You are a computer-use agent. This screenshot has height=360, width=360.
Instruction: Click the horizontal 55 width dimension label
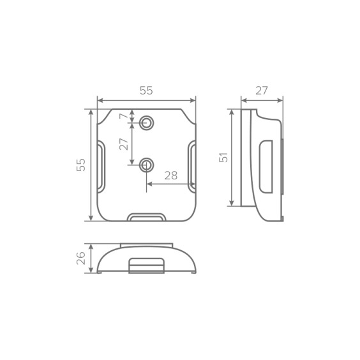146,91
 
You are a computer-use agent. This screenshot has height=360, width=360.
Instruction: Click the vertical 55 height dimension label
81,165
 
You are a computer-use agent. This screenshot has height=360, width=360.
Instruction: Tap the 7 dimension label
124,116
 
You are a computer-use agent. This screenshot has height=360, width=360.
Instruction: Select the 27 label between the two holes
124,144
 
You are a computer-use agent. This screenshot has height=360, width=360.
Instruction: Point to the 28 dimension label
171,176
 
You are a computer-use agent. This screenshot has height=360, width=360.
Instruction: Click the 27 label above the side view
262,91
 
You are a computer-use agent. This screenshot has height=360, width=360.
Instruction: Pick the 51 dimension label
223,157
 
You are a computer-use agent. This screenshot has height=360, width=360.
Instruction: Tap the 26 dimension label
81,258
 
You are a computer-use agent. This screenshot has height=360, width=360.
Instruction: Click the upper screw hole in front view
146,123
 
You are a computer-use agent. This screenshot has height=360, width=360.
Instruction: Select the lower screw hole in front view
146,165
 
